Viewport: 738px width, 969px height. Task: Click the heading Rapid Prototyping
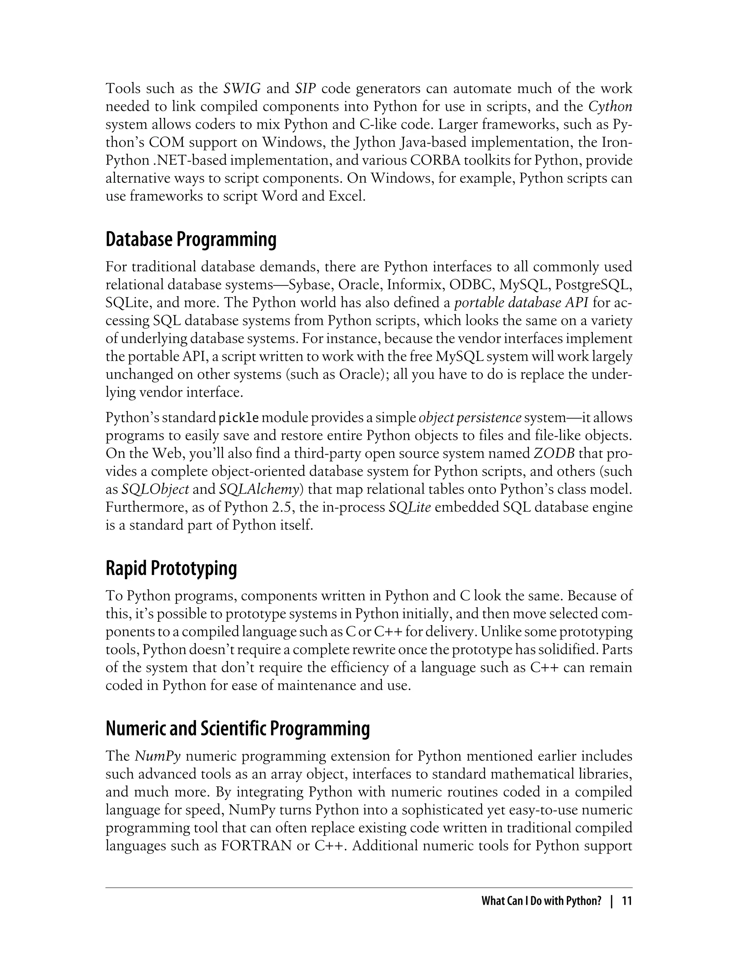pos(171,568)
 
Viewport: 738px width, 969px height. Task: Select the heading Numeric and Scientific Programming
pos(238,729)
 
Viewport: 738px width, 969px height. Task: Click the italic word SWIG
pos(242,89)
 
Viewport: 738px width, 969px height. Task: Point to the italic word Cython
pos(610,107)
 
